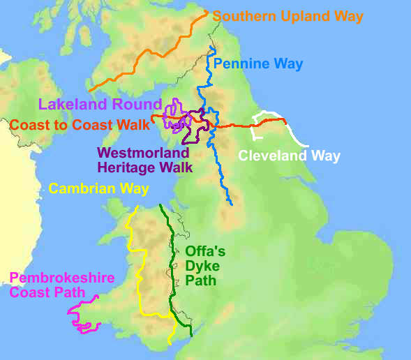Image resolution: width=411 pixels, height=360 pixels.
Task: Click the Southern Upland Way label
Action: (x=287, y=15)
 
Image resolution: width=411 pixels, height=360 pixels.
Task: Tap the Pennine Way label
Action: (x=258, y=64)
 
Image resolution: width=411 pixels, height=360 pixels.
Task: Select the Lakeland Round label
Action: (x=100, y=105)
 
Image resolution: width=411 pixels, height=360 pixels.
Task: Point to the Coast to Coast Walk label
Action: (x=80, y=126)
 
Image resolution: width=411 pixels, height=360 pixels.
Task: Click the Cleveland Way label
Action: (x=289, y=156)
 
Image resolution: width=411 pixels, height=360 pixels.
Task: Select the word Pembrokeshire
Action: (x=61, y=278)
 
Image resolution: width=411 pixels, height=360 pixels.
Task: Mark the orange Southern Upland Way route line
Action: (x=147, y=52)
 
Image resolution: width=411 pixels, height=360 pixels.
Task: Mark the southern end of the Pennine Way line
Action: (x=230, y=204)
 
